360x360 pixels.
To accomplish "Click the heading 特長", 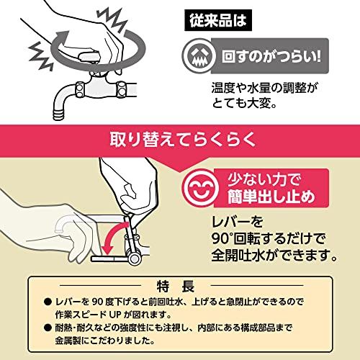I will pos(179,284).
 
